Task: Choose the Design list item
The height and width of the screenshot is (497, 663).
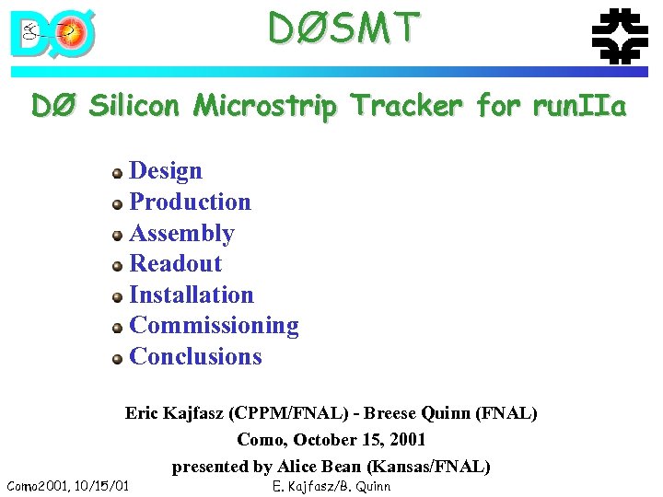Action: pos(166,171)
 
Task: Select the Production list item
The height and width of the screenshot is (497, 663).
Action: pos(190,202)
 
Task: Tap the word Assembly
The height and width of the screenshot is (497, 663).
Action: pos(181,234)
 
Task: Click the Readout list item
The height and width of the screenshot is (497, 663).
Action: pos(175,264)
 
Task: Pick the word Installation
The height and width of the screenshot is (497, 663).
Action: pos(192,295)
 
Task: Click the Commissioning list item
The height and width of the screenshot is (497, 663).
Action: pos(214,326)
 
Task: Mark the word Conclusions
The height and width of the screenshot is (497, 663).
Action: pos(195,357)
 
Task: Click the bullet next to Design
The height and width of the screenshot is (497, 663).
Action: pos(117,173)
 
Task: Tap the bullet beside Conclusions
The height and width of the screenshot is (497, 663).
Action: pos(117,359)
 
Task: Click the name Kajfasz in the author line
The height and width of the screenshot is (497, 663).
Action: pos(202,413)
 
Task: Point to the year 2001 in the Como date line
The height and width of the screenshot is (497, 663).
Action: pos(407,440)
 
